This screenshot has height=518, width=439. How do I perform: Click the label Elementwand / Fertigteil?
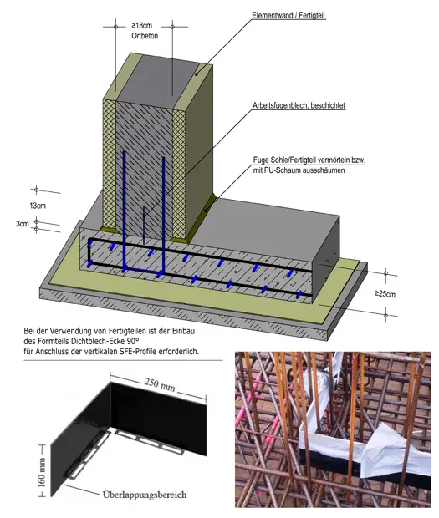[288, 16]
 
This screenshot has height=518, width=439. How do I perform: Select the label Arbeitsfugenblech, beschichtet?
[299, 106]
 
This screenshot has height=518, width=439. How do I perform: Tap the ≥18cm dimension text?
[141, 25]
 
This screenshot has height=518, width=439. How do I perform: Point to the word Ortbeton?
[145, 36]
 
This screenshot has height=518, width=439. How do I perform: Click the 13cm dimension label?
[38, 206]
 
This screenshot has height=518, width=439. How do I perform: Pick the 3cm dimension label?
[23, 224]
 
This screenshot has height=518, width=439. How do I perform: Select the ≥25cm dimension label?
[385, 293]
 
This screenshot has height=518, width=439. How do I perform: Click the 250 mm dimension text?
[160, 384]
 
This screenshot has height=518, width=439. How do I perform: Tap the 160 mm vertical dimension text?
[42, 472]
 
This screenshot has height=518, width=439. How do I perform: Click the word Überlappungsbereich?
[145, 495]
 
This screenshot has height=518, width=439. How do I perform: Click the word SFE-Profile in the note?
[138, 351]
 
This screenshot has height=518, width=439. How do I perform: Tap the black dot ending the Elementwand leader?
[196, 74]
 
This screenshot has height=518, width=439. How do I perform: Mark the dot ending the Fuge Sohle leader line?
[205, 210]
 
